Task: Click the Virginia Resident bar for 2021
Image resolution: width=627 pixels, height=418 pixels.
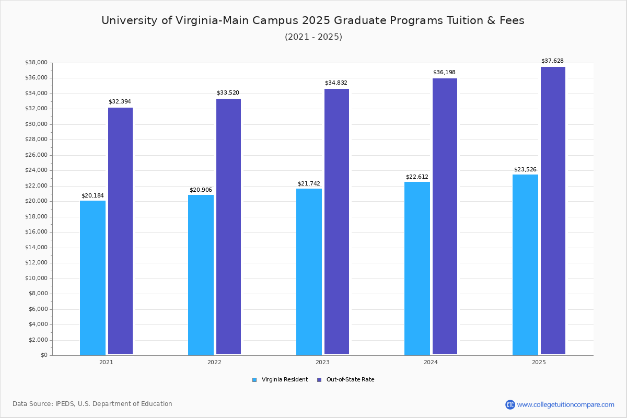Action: (92, 277)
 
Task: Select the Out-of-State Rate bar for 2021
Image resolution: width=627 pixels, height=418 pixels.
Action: (120, 231)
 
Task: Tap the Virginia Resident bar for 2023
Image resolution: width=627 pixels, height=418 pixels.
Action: (309, 272)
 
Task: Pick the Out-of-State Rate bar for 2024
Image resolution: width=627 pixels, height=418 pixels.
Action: (445, 216)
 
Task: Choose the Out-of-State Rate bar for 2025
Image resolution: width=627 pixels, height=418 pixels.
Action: (553, 211)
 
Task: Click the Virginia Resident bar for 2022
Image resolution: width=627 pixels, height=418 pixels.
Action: (201, 275)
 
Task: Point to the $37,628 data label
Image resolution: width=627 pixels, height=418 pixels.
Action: (552, 61)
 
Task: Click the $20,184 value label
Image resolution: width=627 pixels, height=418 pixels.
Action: (92, 195)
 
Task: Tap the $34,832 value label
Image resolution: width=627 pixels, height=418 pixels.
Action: (336, 83)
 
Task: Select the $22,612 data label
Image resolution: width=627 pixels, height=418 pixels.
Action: (417, 177)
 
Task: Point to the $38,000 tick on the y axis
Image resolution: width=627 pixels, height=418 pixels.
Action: (36, 63)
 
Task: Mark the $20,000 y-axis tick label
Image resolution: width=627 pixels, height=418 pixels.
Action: (36, 201)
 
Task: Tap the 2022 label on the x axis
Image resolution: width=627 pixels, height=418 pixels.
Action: (214, 362)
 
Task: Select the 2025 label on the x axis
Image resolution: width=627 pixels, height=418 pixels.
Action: (539, 362)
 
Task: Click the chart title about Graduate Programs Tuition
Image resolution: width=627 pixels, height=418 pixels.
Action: (313, 20)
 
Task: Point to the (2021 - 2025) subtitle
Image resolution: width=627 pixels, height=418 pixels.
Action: (313, 37)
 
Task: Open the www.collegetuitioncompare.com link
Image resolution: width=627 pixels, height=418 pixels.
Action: (565, 404)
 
